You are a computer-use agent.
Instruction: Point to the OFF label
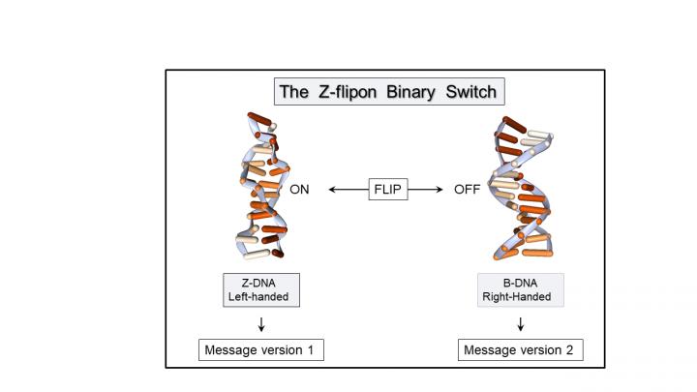(x=468, y=190)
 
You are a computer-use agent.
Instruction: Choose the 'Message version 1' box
(x=260, y=349)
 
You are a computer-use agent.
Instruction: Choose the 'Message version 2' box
(x=521, y=349)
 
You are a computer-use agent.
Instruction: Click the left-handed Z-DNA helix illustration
(x=259, y=189)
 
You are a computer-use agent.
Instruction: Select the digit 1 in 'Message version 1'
(x=312, y=349)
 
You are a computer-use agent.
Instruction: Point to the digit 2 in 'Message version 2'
(x=572, y=349)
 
